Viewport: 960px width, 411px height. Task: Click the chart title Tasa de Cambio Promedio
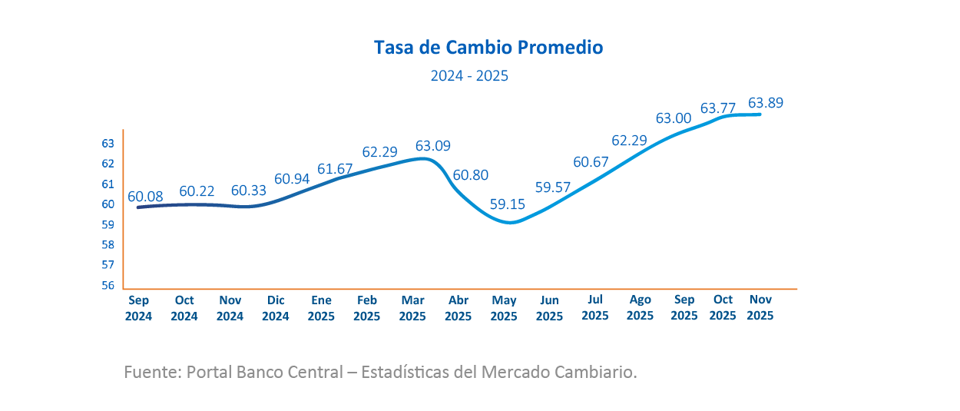pos(488,48)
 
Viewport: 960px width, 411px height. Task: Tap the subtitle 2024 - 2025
pos(469,76)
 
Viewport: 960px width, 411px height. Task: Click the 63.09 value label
pos(433,145)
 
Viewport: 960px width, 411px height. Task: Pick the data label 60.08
pos(146,196)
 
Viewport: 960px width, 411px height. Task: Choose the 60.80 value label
pos(471,175)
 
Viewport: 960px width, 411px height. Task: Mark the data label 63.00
pos(674,118)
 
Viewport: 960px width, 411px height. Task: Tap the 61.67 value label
pos(336,169)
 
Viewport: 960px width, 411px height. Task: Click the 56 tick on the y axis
pos(108,285)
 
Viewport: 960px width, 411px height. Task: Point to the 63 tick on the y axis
pos(108,143)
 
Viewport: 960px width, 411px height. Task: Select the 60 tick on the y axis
pos(108,204)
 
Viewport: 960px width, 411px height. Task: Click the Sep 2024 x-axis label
pos(139,308)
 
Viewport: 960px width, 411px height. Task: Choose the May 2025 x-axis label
pos(504,308)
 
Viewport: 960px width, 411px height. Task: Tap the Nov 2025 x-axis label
pos(760,308)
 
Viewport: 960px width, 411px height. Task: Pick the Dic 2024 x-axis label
pos(276,308)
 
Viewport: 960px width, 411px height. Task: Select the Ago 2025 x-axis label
pos(640,308)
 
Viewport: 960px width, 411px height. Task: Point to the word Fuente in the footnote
pos(150,373)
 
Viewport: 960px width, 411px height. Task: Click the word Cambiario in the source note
pos(600,373)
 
